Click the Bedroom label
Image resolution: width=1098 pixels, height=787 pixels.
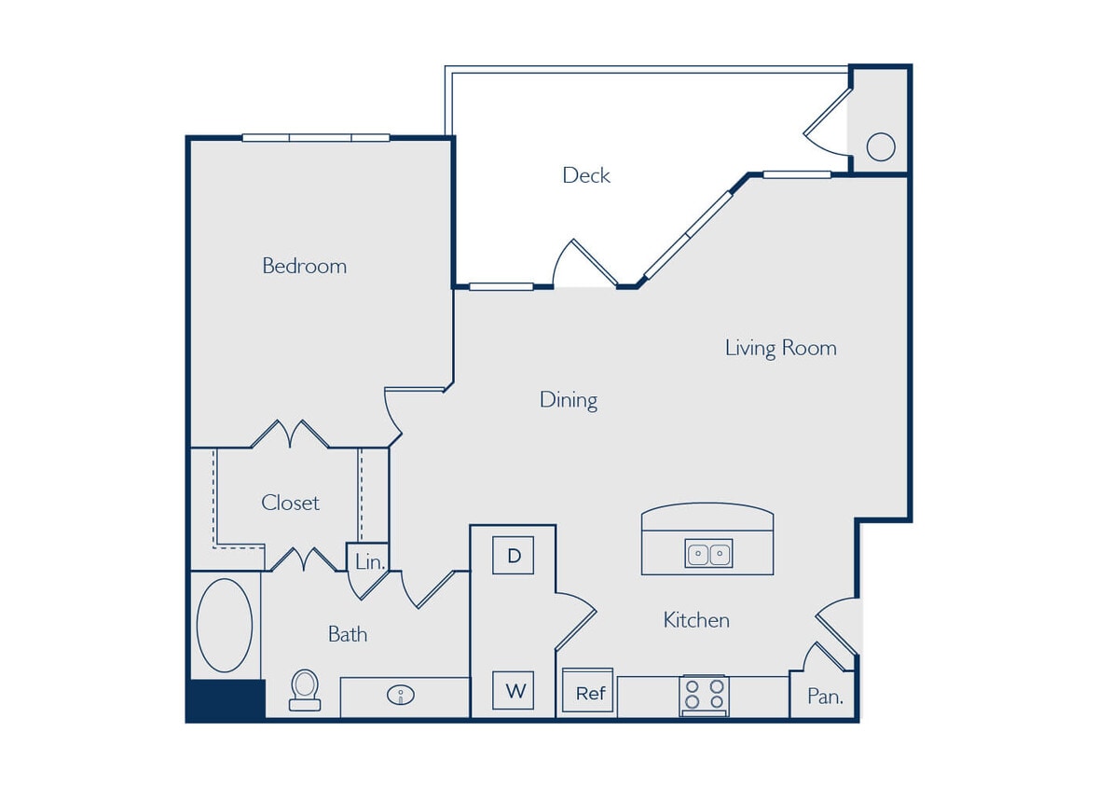click(x=304, y=266)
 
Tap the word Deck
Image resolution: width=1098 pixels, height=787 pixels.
click(x=586, y=175)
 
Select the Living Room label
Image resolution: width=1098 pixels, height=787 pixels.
click(x=780, y=348)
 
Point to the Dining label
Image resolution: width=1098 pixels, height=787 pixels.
click(x=569, y=400)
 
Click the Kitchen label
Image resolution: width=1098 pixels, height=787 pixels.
click(x=695, y=620)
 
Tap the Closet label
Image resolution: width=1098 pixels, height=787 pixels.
click(x=290, y=503)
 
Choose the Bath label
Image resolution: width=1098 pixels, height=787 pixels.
click(x=347, y=634)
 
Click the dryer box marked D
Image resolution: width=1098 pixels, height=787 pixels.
click(x=513, y=556)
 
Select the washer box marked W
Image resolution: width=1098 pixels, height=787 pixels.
click(x=514, y=691)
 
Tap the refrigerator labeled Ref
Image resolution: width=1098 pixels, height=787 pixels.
click(x=589, y=693)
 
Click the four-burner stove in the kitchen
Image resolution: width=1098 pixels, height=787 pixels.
click(x=704, y=696)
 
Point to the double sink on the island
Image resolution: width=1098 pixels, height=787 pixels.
click(x=708, y=554)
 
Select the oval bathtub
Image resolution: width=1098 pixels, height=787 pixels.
click(x=225, y=626)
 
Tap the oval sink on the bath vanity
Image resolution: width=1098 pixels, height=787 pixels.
click(x=403, y=695)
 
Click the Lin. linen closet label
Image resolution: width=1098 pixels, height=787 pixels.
click(x=369, y=562)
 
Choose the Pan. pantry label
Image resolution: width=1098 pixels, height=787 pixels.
click(x=824, y=696)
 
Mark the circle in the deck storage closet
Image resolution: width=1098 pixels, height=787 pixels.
click(x=880, y=146)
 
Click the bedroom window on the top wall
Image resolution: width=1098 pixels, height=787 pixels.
click(x=316, y=138)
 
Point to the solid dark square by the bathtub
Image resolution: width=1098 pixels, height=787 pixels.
click(x=226, y=699)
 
